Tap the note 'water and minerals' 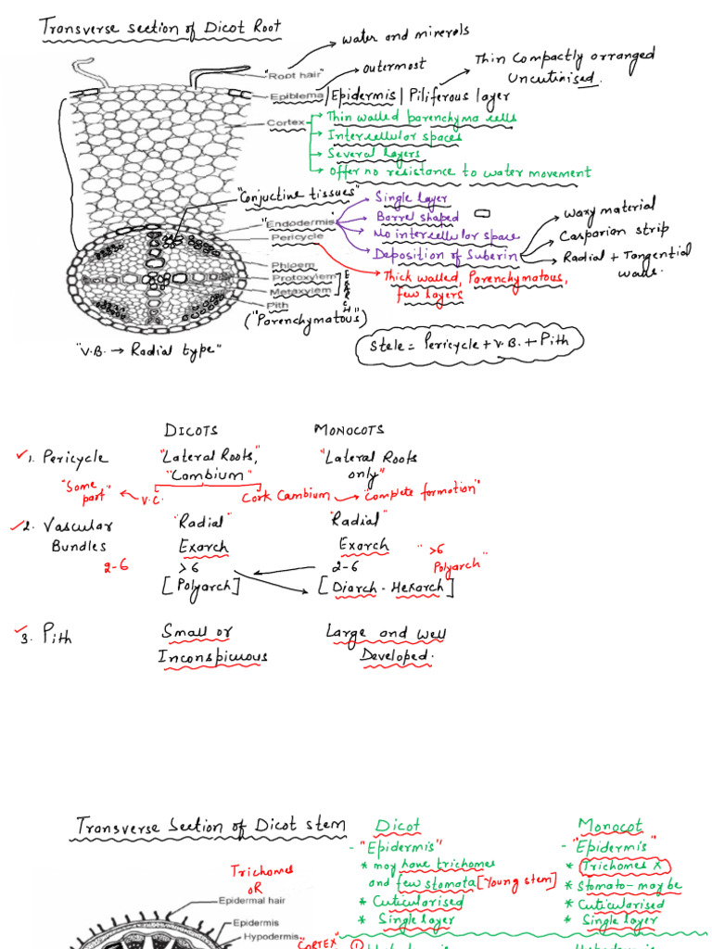pyautogui.click(x=405, y=36)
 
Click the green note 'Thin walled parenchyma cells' pyautogui.click(x=421, y=118)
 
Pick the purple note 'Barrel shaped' pyautogui.click(x=417, y=217)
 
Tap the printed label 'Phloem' pyautogui.click(x=286, y=266)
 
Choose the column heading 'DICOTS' pyautogui.click(x=193, y=430)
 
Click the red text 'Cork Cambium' pyautogui.click(x=286, y=495)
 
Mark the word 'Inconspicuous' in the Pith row pyautogui.click(x=212, y=657)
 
